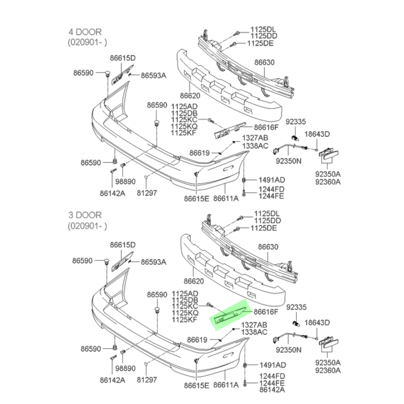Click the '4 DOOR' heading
[85, 32]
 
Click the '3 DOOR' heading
[85, 215]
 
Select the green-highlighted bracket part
[229, 314]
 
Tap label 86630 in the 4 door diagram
[264, 62]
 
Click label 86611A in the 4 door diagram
[226, 198]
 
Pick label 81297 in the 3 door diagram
[147, 380]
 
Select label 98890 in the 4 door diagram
[125, 181]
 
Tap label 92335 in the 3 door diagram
[296, 307]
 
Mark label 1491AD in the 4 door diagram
[272, 180]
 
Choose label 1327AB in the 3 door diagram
[254, 325]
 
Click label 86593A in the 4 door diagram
[153, 75]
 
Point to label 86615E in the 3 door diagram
[196, 385]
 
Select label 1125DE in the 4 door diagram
[260, 43]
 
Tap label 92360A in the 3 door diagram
[328, 370]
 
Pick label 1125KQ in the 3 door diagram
[184, 313]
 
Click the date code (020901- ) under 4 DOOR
[87, 42]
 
